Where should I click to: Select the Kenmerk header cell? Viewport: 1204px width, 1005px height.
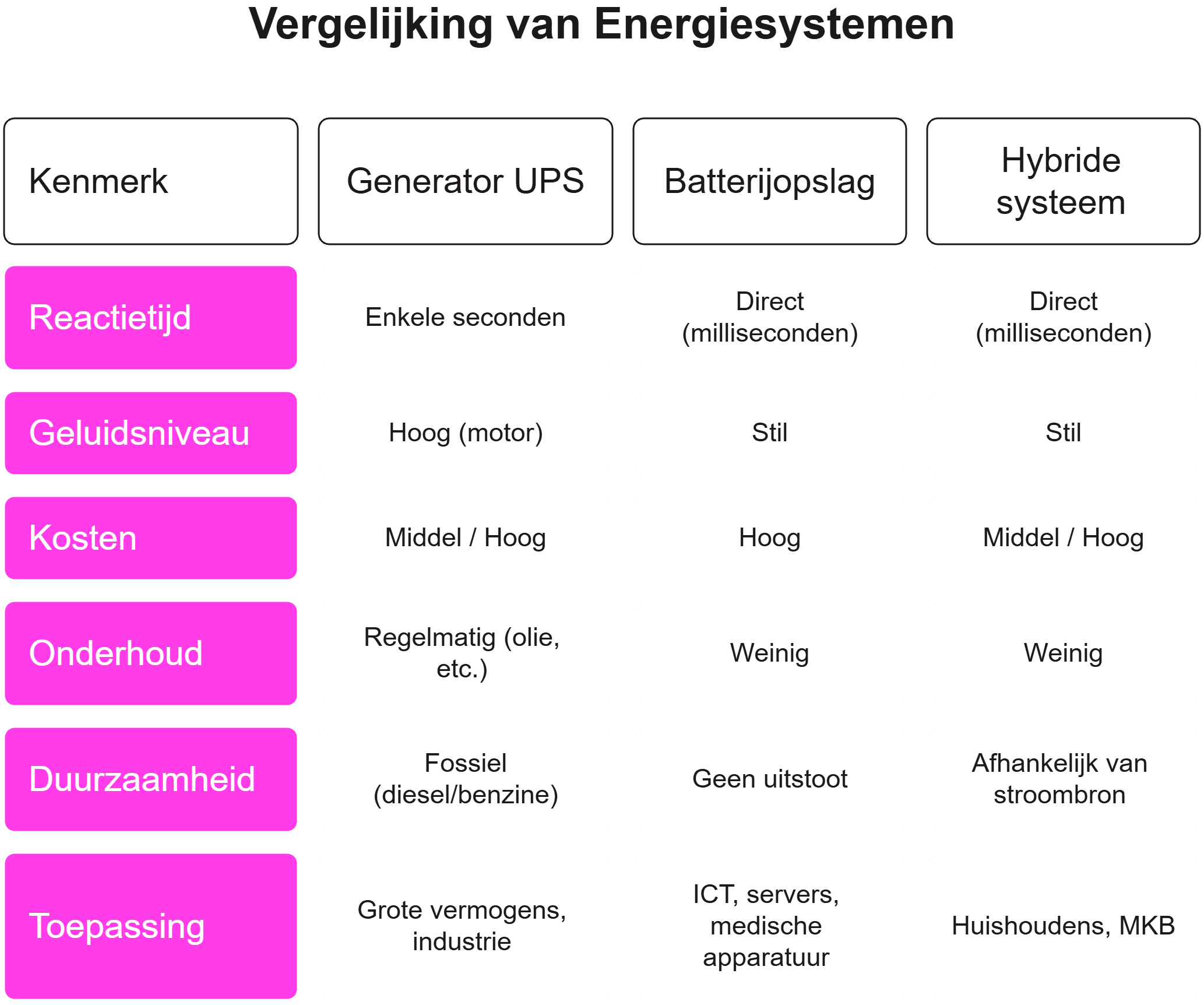[x=151, y=181]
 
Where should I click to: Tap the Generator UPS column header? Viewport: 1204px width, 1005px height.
[x=465, y=181]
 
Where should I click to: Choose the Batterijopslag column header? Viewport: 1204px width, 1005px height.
[x=769, y=181]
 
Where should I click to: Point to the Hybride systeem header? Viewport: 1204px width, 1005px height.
[x=1062, y=181]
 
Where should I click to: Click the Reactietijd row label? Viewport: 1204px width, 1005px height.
[x=151, y=318]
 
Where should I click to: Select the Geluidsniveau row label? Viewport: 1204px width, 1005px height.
[x=151, y=433]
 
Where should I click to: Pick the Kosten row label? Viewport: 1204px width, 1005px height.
[x=151, y=538]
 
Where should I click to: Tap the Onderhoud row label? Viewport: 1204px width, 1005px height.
[x=151, y=653]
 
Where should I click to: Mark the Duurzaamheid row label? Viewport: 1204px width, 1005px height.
[x=151, y=779]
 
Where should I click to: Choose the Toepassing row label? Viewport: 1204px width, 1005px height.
[x=151, y=926]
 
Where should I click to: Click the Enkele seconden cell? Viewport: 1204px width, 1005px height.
[x=465, y=318]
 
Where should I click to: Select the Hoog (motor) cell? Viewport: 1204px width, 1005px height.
[x=465, y=433]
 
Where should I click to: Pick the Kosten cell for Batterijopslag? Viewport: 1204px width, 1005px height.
[x=769, y=538]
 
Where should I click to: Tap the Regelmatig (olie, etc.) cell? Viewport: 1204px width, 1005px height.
[x=465, y=653]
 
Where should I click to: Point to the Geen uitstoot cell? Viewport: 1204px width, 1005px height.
[x=769, y=779]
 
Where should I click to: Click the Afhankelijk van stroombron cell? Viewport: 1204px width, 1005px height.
[x=1062, y=779]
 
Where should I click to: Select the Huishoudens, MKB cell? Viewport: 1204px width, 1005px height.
[x=1062, y=926]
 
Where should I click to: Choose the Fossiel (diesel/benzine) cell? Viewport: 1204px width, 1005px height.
[x=465, y=779]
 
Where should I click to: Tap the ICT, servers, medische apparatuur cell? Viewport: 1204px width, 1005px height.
[x=769, y=926]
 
